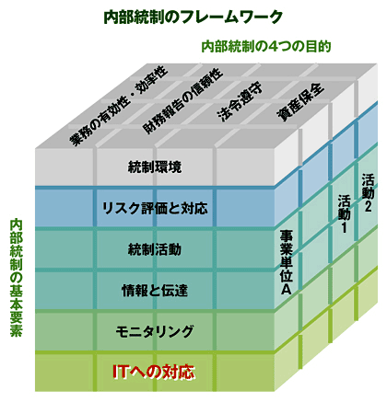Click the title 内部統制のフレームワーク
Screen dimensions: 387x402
(x=193, y=17)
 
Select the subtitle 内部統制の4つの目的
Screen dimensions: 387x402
(x=266, y=47)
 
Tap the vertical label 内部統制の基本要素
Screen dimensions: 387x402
(x=16, y=278)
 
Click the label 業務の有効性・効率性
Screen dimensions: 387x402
(x=118, y=106)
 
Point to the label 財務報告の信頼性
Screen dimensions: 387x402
(x=182, y=100)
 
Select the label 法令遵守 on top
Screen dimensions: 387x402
(x=240, y=102)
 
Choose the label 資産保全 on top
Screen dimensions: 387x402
(x=300, y=101)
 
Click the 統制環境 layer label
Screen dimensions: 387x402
(x=155, y=167)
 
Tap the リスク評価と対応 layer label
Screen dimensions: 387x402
(x=155, y=208)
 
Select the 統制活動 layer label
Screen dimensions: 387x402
(x=155, y=249)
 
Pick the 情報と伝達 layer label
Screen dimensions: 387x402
(x=155, y=291)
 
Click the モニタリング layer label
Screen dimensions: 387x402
(x=155, y=331)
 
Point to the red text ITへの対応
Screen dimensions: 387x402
(x=154, y=372)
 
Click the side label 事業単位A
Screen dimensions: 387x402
(x=286, y=262)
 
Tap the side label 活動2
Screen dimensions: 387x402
(x=368, y=193)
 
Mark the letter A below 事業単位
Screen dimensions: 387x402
(x=286, y=289)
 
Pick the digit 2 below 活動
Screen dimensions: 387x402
(x=368, y=207)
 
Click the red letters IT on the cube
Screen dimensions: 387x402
(x=120, y=372)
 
